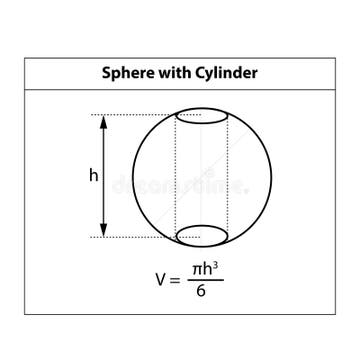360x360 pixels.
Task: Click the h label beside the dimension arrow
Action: coord(93,175)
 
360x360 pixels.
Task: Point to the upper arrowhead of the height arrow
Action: coord(105,120)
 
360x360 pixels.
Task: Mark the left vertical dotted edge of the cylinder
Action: coord(176,175)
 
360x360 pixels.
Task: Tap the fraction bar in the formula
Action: coord(204,281)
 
